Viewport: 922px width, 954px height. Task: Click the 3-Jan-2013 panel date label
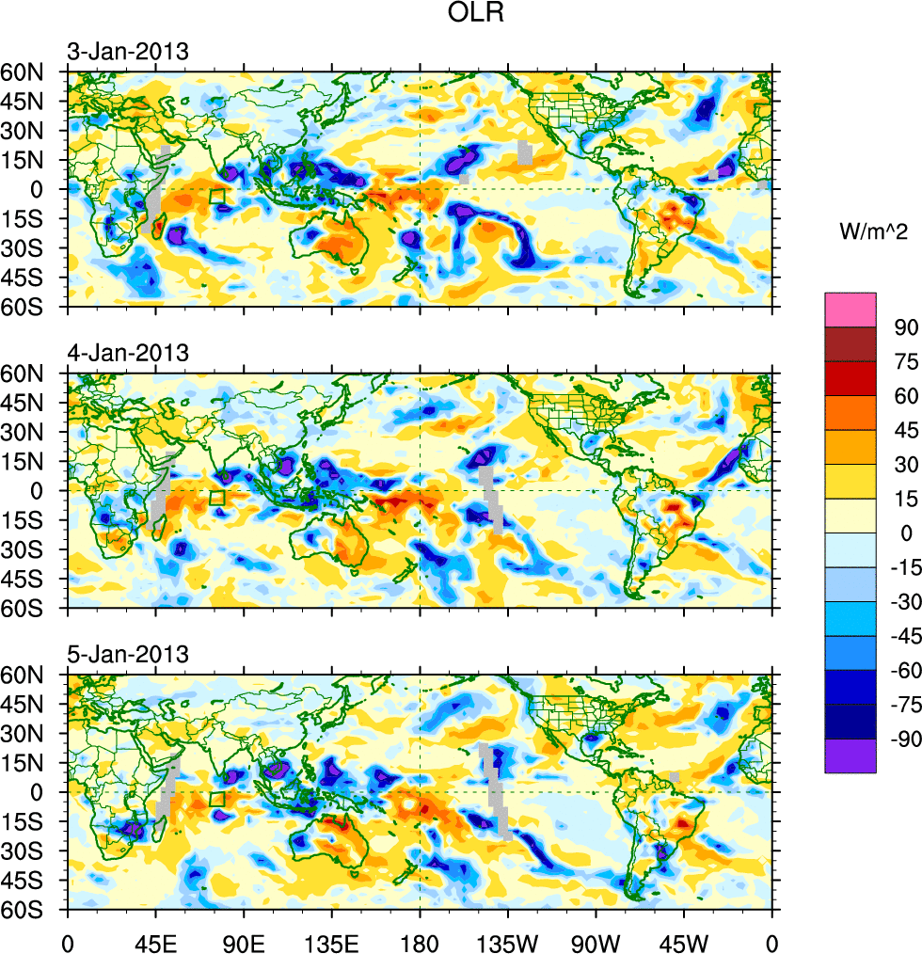coord(127,52)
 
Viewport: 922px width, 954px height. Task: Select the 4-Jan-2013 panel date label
coord(127,354)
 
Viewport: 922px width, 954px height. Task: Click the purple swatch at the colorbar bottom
coord(850,755)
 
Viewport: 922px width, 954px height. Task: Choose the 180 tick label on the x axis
coord(420,938)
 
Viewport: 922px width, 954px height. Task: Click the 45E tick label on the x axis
coord(155,938)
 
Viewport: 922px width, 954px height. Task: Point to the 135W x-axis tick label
coord(507,938)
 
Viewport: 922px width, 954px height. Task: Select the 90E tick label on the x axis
coord(244,938)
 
